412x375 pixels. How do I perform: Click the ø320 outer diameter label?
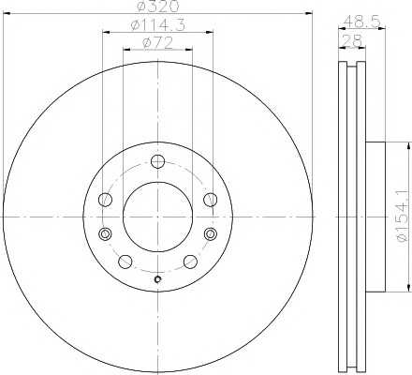click(158, 6)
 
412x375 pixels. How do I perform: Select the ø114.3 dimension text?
click(158, 25)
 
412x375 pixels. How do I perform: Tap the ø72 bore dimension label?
click(157, 43)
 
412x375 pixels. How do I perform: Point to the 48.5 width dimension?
click(362, 22)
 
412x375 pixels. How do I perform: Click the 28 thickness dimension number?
click(352, 40)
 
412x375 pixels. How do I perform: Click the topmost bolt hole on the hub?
click(157, 161)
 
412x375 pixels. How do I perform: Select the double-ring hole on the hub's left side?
click(105, 233)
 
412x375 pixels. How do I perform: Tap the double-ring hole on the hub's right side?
click(211, 233)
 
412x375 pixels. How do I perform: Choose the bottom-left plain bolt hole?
click(125, 262)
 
